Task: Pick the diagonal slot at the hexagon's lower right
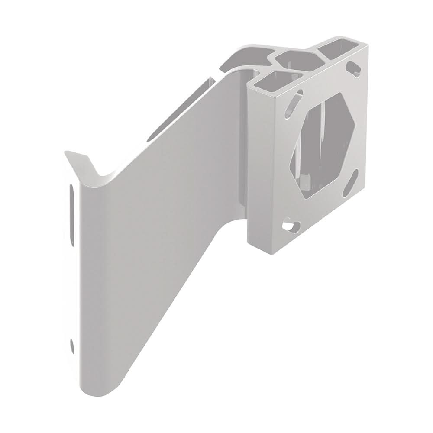[351, 183]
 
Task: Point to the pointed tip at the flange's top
[67, 152]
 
